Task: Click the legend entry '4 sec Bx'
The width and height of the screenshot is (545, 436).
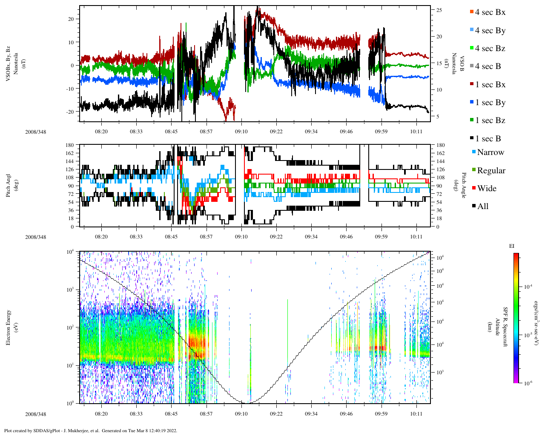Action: (x=490, y=12)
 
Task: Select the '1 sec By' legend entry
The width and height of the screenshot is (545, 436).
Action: (x=490, y=103)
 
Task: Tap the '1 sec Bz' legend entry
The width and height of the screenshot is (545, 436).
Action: (x=490, y=120)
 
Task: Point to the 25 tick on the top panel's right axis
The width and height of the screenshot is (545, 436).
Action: (x=439, y=10)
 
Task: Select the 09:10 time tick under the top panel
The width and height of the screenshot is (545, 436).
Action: (x=241, y=132)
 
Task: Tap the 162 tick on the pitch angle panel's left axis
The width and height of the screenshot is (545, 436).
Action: (x=70, y=153)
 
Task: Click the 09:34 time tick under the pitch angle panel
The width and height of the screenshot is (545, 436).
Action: (x=311, y=237)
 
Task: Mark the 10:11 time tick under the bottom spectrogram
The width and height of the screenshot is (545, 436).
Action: (x=416, y=413)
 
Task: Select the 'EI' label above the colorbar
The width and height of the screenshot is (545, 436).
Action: (x=512, y=246)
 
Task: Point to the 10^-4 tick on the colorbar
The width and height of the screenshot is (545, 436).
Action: (x=529, y=287)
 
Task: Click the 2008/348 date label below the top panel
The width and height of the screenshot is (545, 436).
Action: (x=35, y=132)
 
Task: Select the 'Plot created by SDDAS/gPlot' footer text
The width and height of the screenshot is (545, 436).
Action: (x=90, y=430)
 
